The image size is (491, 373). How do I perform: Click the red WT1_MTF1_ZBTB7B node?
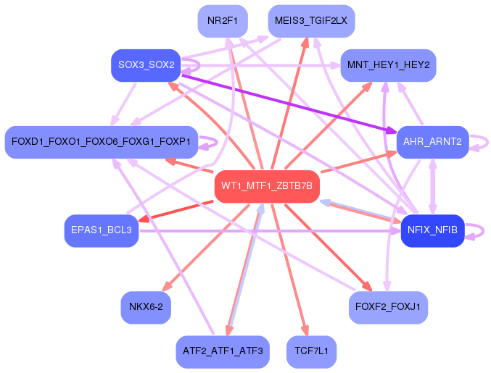click(x=267, y=186)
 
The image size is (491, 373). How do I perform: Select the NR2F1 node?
click(x=223, y=21)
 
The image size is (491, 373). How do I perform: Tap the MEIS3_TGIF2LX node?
click(x=311, y=21)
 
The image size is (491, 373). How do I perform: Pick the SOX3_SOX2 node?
click(x=146, y=65)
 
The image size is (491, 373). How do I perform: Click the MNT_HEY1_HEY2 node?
click(x=388, y=65)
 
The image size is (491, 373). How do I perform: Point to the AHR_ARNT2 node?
click(x=432, y=141)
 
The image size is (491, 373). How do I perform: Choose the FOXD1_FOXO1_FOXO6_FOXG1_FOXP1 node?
click(x=101, y=142)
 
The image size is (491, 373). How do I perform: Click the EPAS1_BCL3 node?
click(x=101, y=230)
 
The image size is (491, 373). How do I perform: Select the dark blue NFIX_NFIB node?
click(x=432, y=230)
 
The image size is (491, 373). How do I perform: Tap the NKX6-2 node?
click(x=146, y=307)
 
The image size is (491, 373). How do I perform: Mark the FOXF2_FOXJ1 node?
click(x=388, y=307)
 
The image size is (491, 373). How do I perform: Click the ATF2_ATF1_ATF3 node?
click(x=223, y=351)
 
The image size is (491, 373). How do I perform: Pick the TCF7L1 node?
click(x=311, y=351)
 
